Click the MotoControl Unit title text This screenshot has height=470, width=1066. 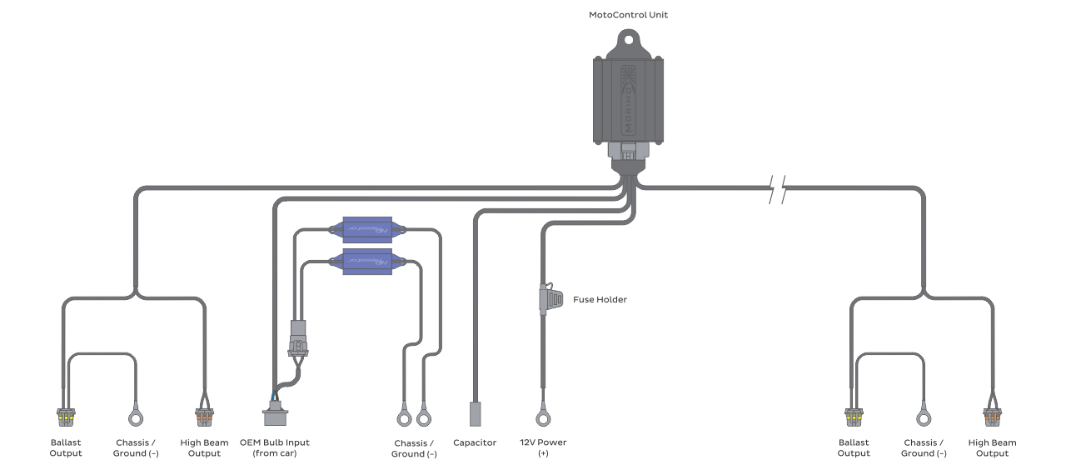click(629, 15)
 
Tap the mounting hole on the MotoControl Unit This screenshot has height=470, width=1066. click(629, 38)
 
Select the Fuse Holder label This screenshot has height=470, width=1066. click(600, 299)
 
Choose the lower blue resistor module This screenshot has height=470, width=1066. click(366, 262)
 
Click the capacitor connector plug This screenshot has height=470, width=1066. click(476, 413)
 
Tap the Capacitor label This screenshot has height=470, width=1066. click(475, 442)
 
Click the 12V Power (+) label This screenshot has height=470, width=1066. click(543, 447)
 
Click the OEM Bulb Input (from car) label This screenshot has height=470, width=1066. click(274, 447)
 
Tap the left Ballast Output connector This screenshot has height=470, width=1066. click(65, 415)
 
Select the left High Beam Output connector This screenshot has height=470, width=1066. click(204, 415)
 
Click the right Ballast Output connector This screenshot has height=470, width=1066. click(853, 415)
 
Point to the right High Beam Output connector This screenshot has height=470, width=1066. click(992, 415)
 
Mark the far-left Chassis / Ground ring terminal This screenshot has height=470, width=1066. click(135, 415)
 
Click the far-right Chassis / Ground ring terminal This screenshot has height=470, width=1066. click(924, 415)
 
